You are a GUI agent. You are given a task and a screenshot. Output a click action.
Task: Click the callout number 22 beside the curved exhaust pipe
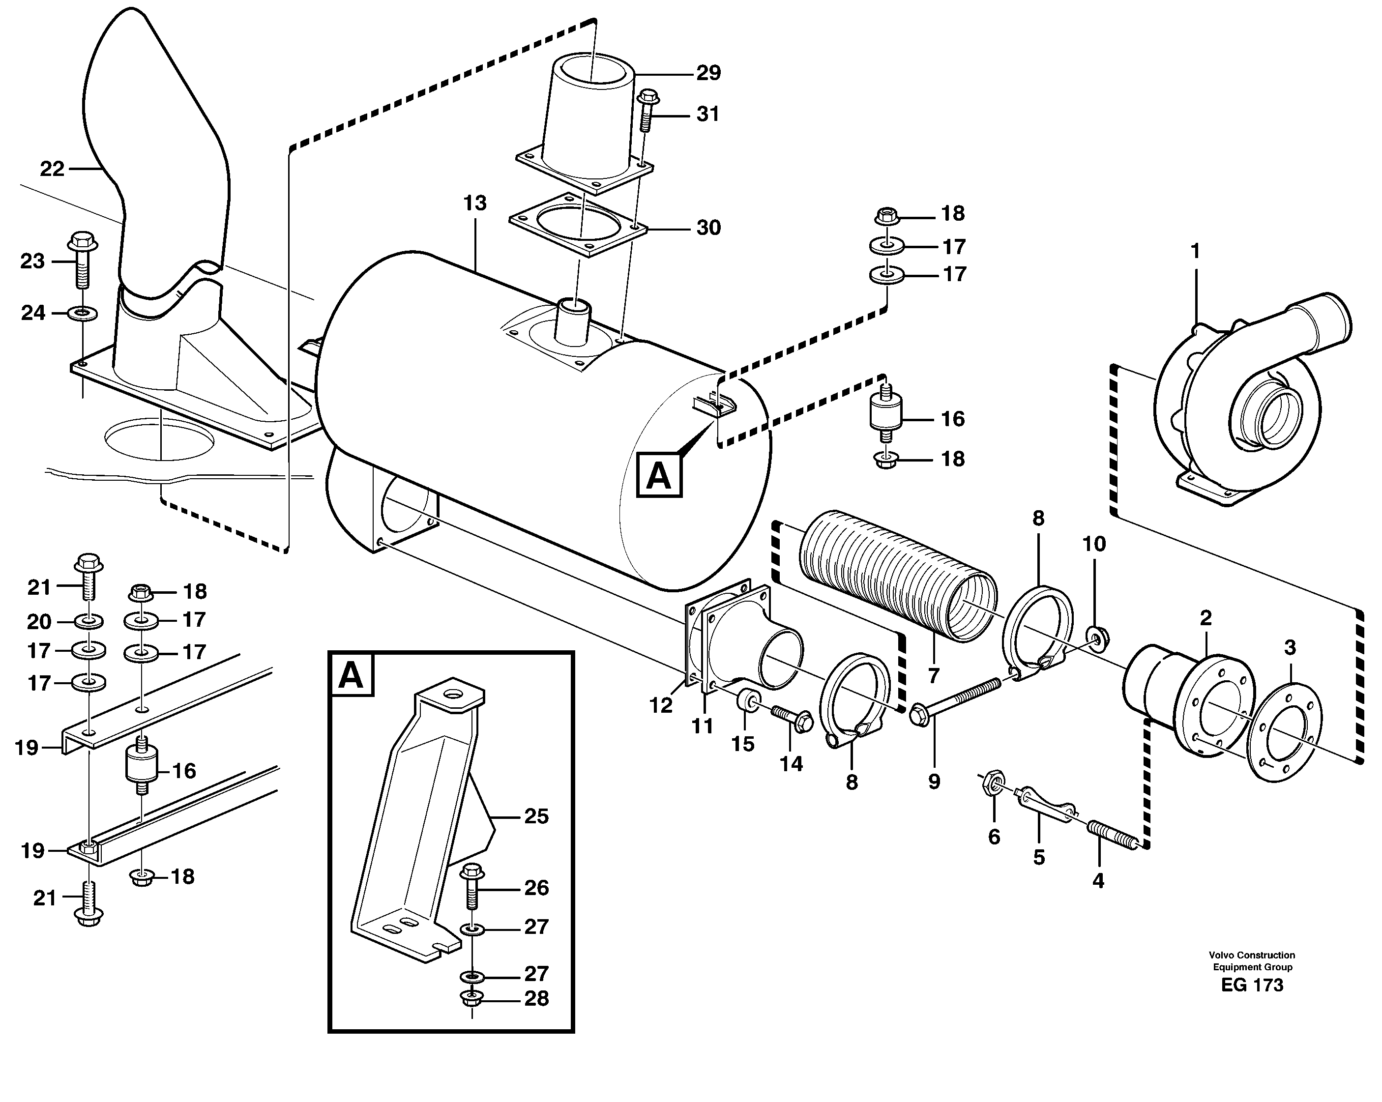[52, 169]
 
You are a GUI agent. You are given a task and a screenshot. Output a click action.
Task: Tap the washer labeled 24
[83, 313]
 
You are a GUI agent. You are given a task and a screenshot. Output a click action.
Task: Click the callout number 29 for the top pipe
[708, 73]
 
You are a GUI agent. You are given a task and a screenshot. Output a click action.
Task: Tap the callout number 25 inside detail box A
[536, 816]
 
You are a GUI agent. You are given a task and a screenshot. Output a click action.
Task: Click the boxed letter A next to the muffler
[659, 475]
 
